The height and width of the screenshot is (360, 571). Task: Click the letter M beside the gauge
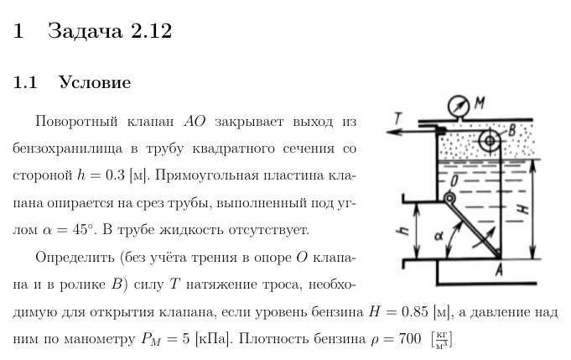point(480,102)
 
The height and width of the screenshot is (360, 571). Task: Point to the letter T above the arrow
point(399,118)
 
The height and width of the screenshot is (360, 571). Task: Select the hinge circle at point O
point(449,198)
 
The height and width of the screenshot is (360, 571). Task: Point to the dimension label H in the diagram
point(526,210)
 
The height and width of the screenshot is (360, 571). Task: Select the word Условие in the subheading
point(95,83)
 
